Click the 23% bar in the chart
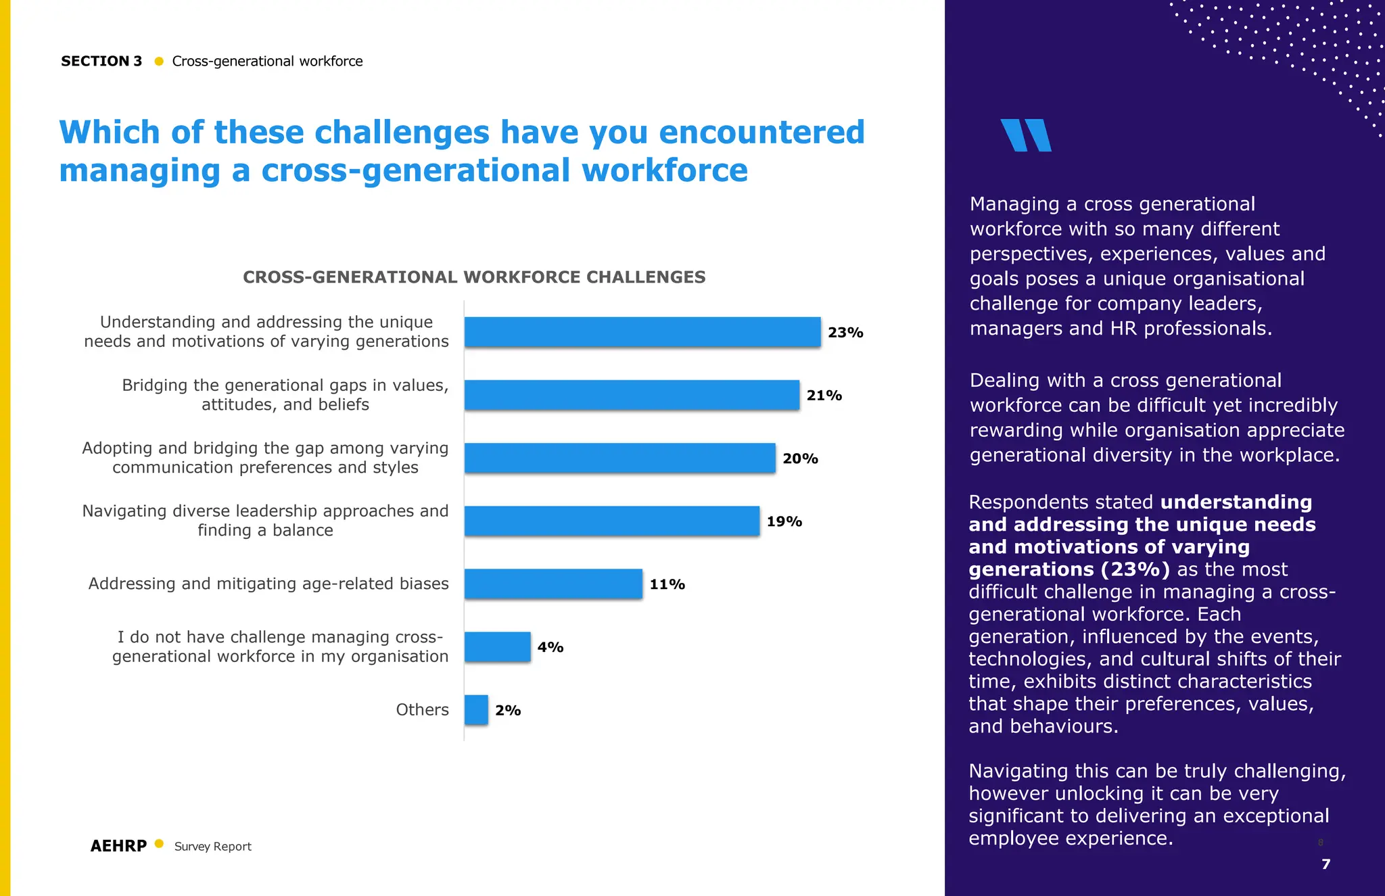642,332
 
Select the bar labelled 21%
632,395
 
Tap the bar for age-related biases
553,584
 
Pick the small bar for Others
476,710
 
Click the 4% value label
550,647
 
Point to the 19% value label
784,521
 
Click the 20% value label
800,458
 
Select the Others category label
422,710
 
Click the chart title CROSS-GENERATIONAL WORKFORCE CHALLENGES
474,277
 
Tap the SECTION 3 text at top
101,62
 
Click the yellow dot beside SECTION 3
159,62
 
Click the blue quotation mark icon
1026,135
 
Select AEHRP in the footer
118,846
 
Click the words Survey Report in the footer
212,847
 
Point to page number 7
1325,864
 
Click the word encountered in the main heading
761,133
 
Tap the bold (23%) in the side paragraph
1135,569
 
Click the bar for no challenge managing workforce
497,647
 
